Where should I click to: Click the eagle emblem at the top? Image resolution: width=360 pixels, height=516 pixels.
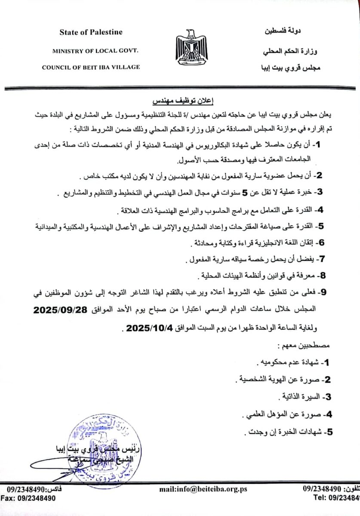coord(193,48)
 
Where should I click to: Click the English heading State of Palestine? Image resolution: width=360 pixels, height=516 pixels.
coord(91,32)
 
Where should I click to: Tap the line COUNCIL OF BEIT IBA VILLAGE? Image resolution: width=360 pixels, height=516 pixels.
coord(91,67)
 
